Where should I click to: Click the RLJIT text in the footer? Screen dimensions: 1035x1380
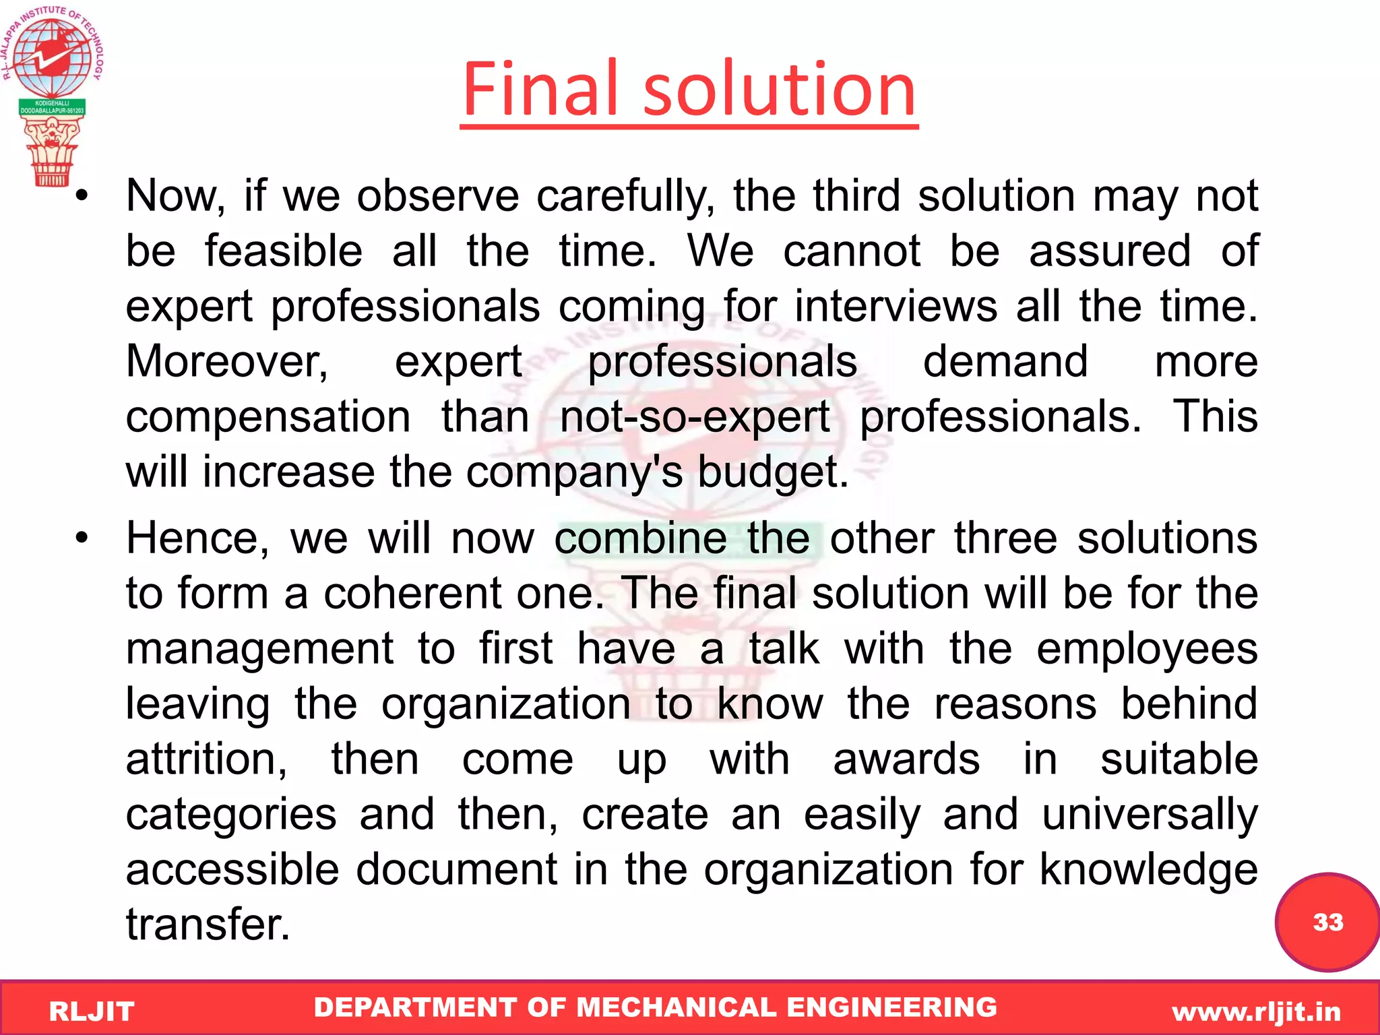coord(92,1011)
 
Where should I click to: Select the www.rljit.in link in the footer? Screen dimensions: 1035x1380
coord(1256,1011)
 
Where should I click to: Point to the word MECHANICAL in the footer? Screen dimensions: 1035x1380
coord(677,1007)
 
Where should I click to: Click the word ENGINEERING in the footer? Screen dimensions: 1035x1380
coord(891,1007)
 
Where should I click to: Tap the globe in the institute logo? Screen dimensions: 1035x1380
coord(53,58)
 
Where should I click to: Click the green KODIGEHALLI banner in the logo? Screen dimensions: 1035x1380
coord(53,107)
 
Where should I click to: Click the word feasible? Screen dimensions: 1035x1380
coord(284,251)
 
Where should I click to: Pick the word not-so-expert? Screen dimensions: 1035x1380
coord(695,417)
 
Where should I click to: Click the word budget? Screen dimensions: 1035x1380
coord(772,472)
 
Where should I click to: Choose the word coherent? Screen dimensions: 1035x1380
coord(413,594)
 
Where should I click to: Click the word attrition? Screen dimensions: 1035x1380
coord(206,759)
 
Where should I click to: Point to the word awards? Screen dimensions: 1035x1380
coord(906,759)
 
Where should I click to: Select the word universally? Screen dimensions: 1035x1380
coord(1150,815)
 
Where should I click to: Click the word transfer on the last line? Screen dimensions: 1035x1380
coord(208,925)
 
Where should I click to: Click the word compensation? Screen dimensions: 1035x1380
coord(268,417)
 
